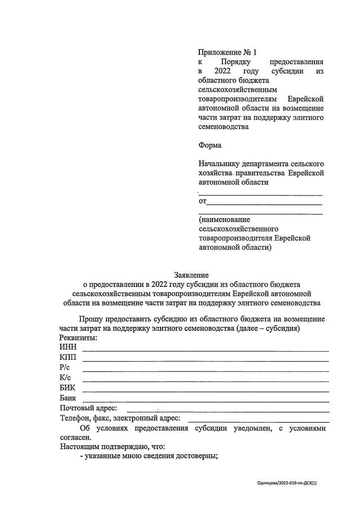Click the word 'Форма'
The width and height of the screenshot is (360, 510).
(210, 145)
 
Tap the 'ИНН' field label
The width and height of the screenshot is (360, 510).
(68, 347)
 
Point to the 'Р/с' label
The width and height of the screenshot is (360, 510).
(65, 367)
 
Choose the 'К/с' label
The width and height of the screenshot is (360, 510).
(65, 378)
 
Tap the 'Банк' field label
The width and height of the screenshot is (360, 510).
(68, 398)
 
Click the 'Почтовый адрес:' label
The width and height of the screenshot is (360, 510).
(88, 408)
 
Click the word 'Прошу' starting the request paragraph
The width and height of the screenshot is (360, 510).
(91, 319)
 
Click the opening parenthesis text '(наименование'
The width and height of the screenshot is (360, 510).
(224, 219)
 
